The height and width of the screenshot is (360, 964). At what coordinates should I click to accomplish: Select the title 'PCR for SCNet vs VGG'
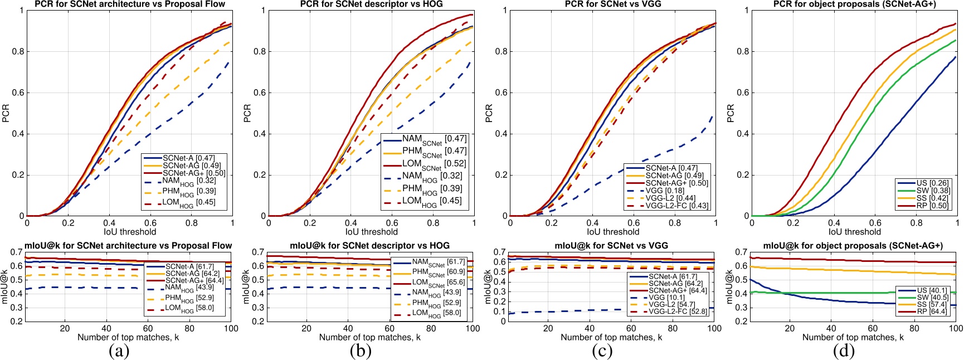[x=613, y=4]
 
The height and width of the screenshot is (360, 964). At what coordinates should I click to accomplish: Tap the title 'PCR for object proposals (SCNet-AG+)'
[x=854, y=4]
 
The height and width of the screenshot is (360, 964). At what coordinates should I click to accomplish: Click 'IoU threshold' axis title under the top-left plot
[x=130, y=232]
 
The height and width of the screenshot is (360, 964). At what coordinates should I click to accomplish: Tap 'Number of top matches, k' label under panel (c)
[x=611, y=337]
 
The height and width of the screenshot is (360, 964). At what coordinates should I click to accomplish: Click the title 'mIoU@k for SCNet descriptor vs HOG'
[x=370, y=245]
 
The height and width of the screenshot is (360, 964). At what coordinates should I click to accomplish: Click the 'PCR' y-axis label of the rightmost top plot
[x=731, y=113]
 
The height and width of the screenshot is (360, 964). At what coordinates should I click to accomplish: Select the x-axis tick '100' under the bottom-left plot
[x=231, y=328]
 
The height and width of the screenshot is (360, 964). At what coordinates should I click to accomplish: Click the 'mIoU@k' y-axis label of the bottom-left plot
[x=5, y=286]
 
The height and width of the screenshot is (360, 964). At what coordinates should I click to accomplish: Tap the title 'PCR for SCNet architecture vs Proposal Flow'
[x=130, y=4]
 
